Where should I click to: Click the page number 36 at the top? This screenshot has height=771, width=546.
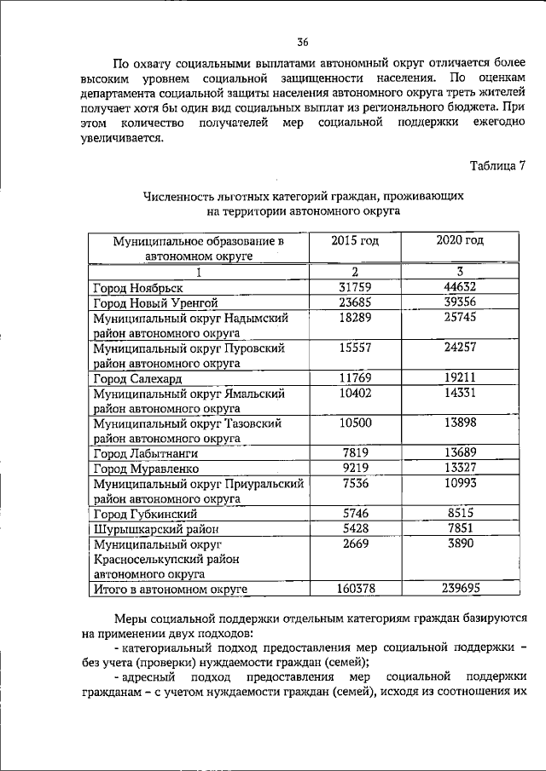pos(303,43)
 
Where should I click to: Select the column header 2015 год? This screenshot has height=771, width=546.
pos(354,241)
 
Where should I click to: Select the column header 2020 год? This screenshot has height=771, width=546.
pos(459,241)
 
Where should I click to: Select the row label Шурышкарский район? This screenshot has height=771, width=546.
pos(148,529)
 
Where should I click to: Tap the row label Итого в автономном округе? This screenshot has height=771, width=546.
pos(170,589)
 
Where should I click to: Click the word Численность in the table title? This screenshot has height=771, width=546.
pos(178,196)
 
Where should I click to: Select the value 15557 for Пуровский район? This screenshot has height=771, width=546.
pos(354,348)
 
